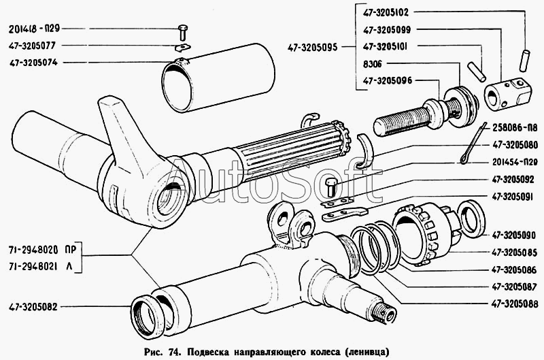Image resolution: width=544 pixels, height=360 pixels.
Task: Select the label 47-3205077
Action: [x=33, y=46]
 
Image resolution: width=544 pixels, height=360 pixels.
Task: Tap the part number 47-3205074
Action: [x=33, y=63]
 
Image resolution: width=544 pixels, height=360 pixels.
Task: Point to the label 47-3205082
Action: [x=33, y=306]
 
